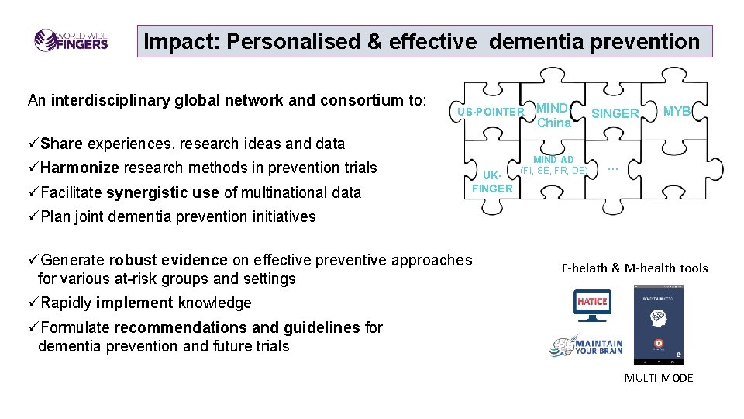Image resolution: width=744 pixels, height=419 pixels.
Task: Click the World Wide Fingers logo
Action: pyautogui.click(x=71, y=40)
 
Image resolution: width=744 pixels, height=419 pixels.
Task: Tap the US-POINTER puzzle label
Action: pyautogui.click(x=491, y=112)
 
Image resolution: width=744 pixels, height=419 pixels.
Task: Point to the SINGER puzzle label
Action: pyautogui.click(x=615, y=113)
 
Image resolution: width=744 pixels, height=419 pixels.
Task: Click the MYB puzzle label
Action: pyautogui.click(x=677, y=111)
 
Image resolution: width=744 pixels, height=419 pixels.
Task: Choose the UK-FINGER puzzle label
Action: pyautogui.click(x=492, y=182)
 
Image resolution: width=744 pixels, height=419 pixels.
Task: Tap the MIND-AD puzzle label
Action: pyautogui.click(x=553, y=164)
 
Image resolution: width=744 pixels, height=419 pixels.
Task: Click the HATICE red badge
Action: pyautogui.click(x=592, y=301)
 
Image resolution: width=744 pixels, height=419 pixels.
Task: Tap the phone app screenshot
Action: pyautogui.click(x=658, y=325)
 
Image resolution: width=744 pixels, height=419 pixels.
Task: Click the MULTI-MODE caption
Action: pyautogui.click(x=659, y=378)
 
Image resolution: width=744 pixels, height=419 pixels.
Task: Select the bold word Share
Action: pyautogui.click(x=62, y=144)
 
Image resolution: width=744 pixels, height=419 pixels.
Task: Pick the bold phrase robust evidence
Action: pyautogui.click(x=168, y=260)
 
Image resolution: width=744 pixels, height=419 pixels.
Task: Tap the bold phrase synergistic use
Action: pyautogui.click(x=162, y=192)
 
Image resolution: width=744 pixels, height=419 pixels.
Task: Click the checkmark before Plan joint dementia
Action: pyautogui.click(x=33, y=216)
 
